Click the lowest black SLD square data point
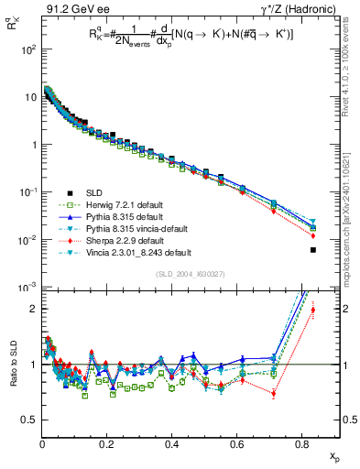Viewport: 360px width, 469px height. pyautogui.click(x=313, y=250)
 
